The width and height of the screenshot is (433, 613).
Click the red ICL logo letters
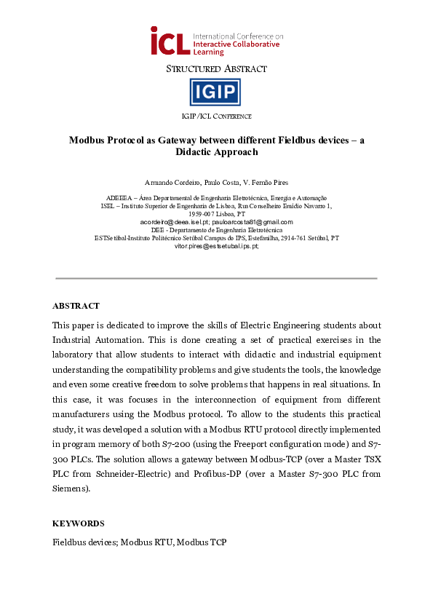tap(170, 42)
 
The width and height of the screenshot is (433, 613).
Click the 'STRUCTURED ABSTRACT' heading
tap(216, 69)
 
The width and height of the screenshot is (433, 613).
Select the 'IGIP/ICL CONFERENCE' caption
tap(216, 116)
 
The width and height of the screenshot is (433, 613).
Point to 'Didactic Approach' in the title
tap(217, 152)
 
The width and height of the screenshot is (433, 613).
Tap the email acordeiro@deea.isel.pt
tap(172, 222)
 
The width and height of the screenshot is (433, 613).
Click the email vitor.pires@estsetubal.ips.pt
tap(216, 246)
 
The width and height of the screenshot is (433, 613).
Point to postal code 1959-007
tap(202, 214)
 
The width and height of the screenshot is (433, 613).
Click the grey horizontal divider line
tap(216, 278)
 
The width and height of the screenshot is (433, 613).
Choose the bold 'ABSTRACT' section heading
tap(76, 306)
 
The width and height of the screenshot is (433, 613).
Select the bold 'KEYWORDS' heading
tap(78, 523)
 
